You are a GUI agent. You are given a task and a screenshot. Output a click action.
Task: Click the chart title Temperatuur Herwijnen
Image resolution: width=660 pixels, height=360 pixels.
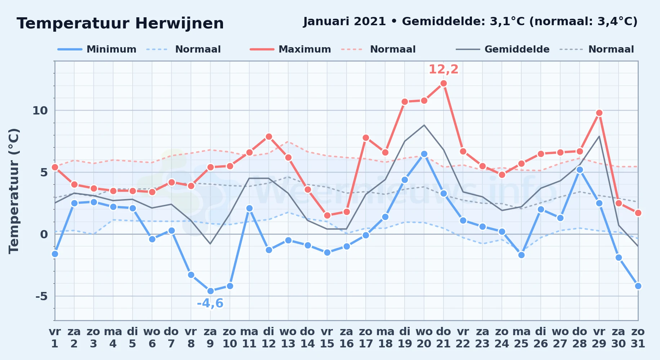tap(120, 23)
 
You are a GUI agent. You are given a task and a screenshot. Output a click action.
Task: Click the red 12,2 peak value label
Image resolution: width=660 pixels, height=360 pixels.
tap(443, 69)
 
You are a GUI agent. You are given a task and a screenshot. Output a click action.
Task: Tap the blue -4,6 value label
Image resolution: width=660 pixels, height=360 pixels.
tap(210, 303)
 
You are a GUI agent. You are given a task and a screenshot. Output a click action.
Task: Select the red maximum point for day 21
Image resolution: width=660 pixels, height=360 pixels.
tap(443, 83)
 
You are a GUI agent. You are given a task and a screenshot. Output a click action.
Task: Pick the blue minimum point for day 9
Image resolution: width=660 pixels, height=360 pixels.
tap(210, 291)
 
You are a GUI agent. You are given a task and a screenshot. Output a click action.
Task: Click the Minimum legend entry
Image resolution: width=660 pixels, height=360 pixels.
tap(97, 49)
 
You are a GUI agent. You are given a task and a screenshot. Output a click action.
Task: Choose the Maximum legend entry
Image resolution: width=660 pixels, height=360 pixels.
tap(290, 49)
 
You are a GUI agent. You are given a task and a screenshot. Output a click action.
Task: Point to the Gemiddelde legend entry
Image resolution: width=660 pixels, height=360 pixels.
tap(503, 49)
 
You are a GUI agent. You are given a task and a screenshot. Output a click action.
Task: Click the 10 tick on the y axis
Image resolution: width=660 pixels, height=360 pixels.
tap(40, 111)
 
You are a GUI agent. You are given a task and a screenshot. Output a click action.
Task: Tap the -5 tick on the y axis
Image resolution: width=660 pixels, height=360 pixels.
tap(41, 296)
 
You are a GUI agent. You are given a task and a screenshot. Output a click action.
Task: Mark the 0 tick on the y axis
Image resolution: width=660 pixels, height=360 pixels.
tap(44, 234)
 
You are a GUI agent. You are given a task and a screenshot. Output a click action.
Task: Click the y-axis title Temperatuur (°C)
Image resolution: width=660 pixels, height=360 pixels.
tap(14, 191)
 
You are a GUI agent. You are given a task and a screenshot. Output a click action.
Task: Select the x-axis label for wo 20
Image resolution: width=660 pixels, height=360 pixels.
tap(424, 337)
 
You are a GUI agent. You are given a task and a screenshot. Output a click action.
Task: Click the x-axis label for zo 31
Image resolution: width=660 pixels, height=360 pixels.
tap(638, 337)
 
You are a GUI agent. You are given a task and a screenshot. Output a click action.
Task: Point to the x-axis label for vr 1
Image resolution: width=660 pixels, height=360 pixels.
tap(55, 337)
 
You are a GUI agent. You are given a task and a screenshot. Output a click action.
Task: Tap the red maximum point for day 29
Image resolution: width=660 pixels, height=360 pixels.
tap(599, 113)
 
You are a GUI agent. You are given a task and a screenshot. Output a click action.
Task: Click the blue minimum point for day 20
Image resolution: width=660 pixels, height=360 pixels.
tap(424, 154)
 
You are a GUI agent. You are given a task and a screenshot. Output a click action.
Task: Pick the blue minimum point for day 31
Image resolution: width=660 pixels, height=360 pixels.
tap(638, 286)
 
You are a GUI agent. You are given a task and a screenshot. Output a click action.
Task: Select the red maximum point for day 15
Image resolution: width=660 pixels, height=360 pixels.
tap(327, 215)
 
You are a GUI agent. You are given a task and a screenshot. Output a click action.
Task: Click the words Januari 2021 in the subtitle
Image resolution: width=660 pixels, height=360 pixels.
tap(344, 22)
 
